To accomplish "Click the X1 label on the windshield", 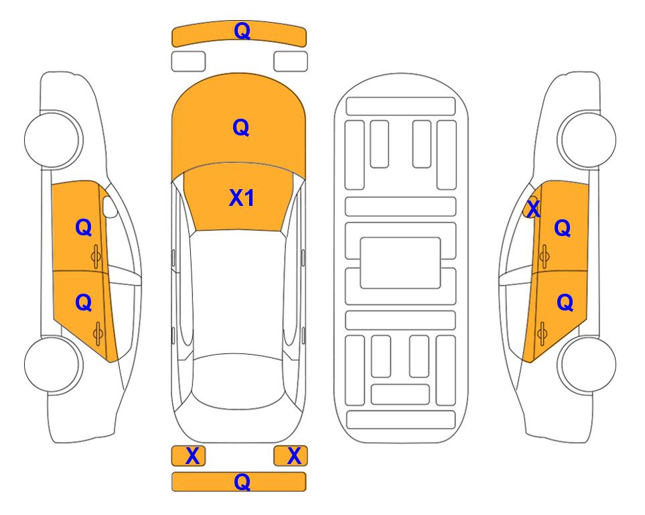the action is coord(242,198).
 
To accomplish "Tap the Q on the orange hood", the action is coord(241,127).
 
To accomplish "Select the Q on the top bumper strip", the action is coord(242,31).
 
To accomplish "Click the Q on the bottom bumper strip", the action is coord(242,481).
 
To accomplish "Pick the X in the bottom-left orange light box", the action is coord(192,456).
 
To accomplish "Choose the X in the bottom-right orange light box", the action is coord(294,456).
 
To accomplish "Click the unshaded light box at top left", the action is coord(188,62).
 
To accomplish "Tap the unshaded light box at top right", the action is coord(291,62).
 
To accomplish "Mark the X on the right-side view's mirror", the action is coord(533,209).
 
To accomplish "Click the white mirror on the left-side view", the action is coord(110,207).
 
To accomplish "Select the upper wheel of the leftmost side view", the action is coord(53,139).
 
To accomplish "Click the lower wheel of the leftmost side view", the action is coord(53,364).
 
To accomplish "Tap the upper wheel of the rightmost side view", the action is coord(587,139).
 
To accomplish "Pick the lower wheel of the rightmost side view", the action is coord(587,364).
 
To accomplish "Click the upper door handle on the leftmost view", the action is coord(96,256).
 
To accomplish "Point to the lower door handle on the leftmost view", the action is coord(98,334).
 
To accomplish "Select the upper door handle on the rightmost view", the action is coord(544,256).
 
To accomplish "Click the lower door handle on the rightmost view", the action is coord(542,334).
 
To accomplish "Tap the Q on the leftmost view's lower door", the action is coord(84,303).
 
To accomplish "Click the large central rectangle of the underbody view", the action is coord(401,263).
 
